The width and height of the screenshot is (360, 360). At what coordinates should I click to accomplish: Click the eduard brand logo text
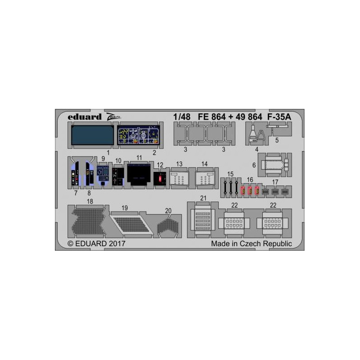coord(84,117)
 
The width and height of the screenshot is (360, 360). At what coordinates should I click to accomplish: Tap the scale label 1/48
coord(182,117)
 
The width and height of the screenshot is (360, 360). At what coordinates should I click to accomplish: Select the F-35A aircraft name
coord(279,117)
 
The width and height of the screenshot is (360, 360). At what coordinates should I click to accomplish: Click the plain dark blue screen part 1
coord(92,135)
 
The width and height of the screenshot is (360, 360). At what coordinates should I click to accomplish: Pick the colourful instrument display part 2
coord(139,135)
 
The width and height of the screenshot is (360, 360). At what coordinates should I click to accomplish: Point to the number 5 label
coord(277,140)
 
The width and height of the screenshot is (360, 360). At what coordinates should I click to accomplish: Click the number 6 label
coord(254,165)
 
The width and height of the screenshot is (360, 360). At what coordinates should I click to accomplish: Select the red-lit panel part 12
coord(160,178)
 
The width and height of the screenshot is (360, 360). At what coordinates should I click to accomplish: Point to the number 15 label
coord(230,174)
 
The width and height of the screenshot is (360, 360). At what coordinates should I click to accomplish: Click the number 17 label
coord(275,182)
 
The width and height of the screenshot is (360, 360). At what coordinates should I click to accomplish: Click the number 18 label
coord(90,201)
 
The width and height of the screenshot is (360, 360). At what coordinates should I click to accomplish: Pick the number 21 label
coord(203,198)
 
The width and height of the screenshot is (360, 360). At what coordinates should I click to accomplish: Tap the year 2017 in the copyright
coord(117,243)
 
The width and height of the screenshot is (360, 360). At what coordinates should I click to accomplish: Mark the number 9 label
coord(103,158)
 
